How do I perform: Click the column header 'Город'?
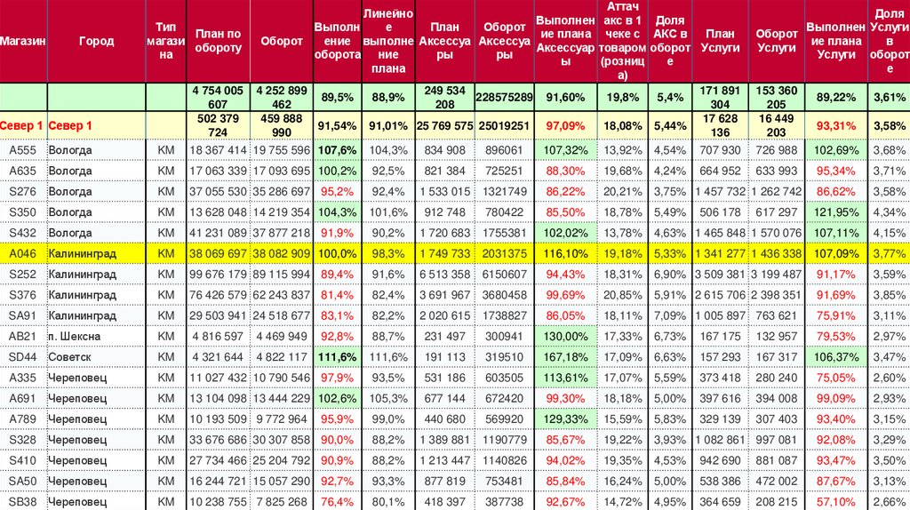click(96, 42)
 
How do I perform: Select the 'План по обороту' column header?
click(218, 42)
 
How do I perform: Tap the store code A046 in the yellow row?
click(22, 253)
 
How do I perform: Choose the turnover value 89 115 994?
click(280, 274)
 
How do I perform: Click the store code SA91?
click(22, 315)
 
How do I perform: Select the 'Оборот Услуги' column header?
click(776, 42)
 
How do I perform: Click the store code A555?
click(22, 149)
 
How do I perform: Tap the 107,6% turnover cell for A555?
click(337, 149)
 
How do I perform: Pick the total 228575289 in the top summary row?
click(504, 97)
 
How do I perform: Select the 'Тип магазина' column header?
click(165, 42)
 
